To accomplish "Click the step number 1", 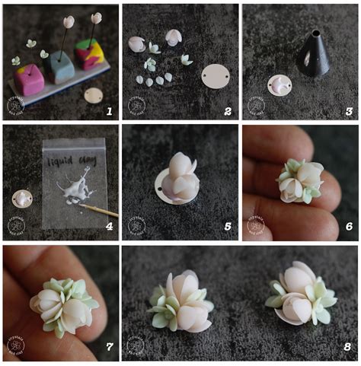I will click(x=110, y=111).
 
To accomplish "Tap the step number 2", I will click(x=227, y=111).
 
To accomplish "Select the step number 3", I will click(x=348, y=111).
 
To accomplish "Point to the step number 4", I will click(x=109, y=226).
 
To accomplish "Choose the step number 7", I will click(x=109, y=346).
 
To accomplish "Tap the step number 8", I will click(x=347, y=346).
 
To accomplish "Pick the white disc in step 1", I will click(x=94, y=95).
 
